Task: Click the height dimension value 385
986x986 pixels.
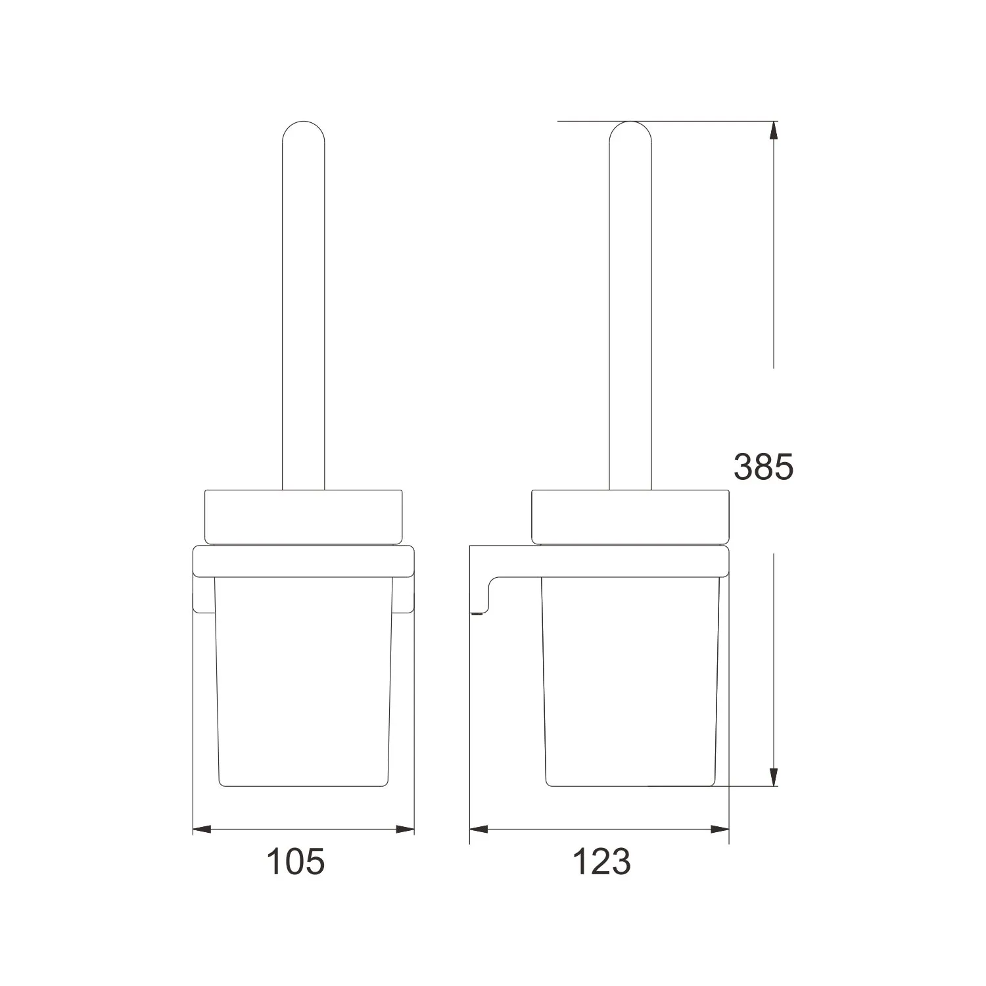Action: click(764, 467)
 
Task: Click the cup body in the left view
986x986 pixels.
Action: click(303, 684)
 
